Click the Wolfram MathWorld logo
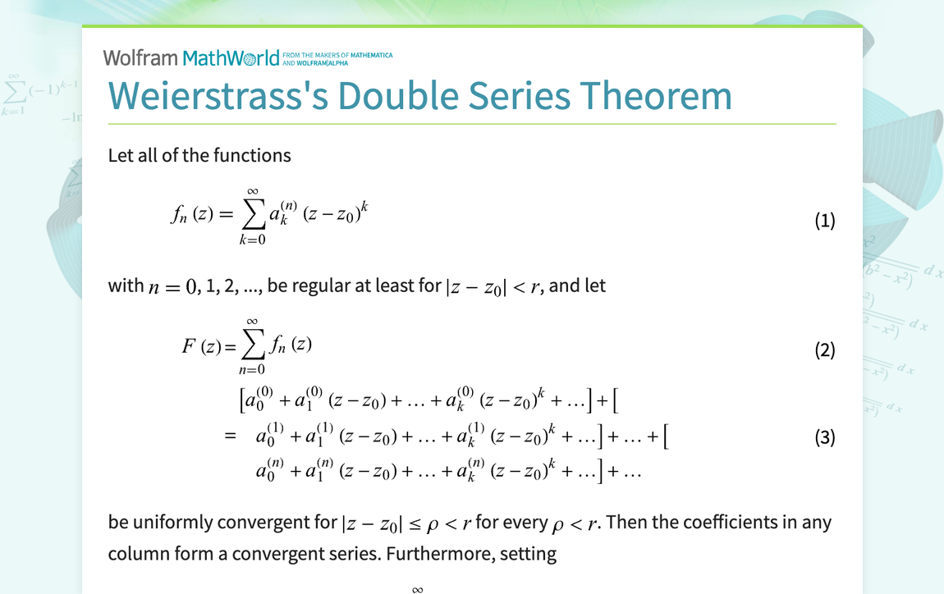point(191,57)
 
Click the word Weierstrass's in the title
point(216,95)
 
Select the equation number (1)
point(824,221)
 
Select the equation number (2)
point(824,351)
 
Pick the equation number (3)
point(824,437)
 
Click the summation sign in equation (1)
point(253,215)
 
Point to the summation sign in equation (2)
point(253,345)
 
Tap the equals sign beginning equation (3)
point(230,436)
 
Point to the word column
point(135,554)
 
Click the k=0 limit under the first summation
point(253,240)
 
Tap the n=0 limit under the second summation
point(253,370)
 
